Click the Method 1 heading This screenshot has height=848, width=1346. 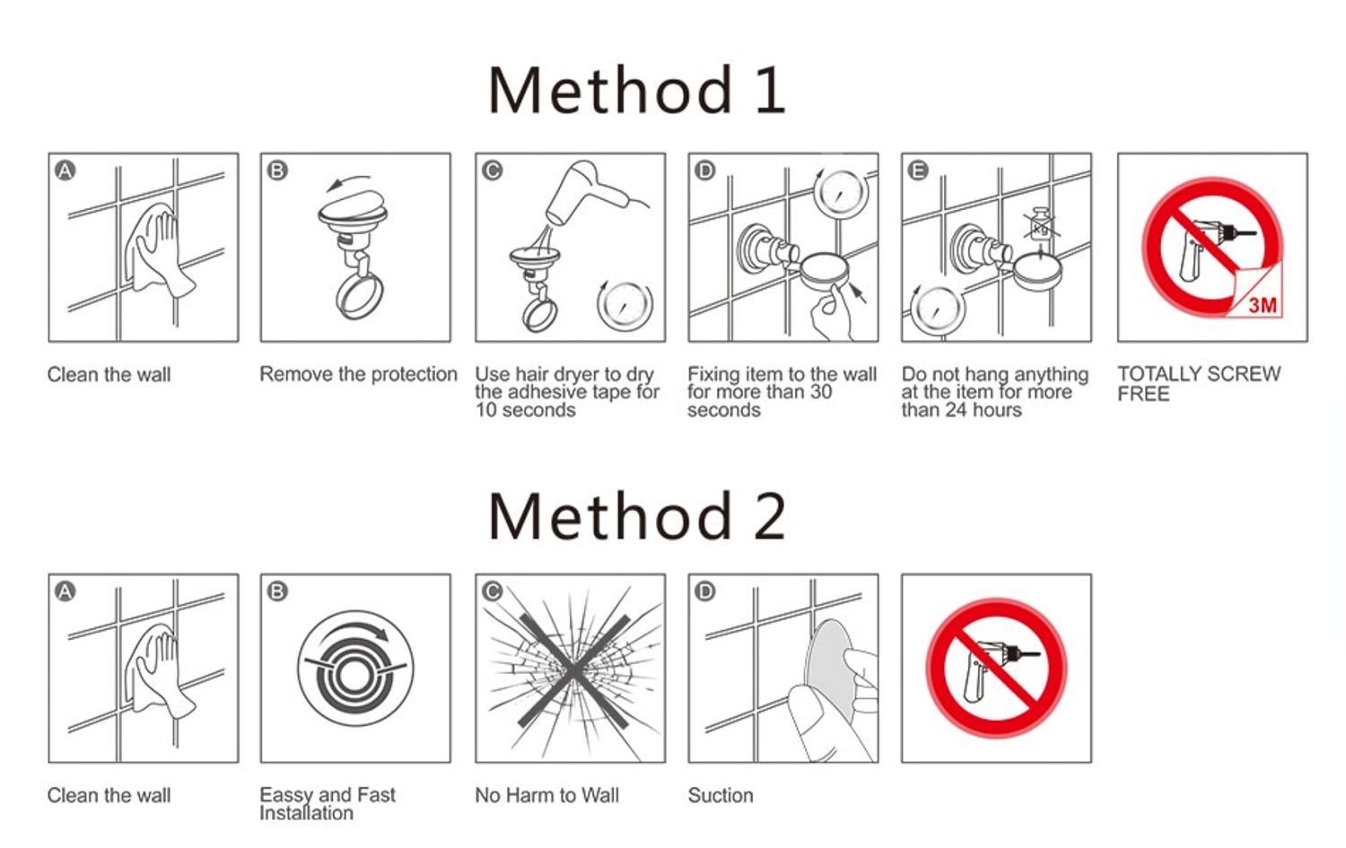(x=637, y=90)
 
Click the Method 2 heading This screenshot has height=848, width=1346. (x=637, y=516)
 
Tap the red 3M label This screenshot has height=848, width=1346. (x=1263, y=305)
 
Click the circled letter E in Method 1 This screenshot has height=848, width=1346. (x=918, y=170)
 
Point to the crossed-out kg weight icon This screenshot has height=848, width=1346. (x=1041, y=224)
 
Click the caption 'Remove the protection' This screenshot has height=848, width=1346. (x=358, y=374)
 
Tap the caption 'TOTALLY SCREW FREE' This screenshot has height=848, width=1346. (x=1199, y=383)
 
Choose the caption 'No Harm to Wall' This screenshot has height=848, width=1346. (x=546, y=795)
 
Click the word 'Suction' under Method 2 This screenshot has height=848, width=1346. (x=721, y=795)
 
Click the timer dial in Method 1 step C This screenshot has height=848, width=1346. (x=625, y=305)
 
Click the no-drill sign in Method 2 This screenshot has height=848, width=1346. (x=996, y=668)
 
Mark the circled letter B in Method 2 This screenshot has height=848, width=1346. (x=277, y=591)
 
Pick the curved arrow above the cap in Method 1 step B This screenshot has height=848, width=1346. (x=348, y=181)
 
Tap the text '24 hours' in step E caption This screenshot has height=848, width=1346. (x=983, y=410)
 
